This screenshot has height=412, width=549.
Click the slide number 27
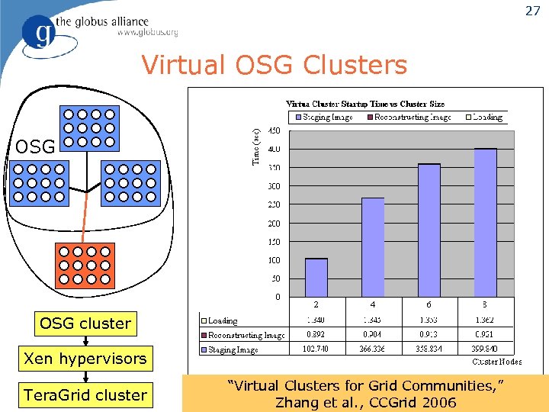pos(531,11)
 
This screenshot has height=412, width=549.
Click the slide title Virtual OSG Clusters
pos(274,66)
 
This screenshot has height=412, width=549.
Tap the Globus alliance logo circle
pos(39,34)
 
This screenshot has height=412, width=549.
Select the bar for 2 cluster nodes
pos(316,278)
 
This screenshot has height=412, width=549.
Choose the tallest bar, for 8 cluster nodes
pos(485,223)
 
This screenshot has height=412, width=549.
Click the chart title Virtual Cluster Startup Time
pos(365,104)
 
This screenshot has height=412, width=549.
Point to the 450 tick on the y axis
pos(273,130)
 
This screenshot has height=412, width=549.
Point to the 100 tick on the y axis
pos(273,260)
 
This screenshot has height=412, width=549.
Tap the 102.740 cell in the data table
pos(316,349)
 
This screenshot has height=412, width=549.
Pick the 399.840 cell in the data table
pos(485,349)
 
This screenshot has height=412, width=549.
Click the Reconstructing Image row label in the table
pos(242,335)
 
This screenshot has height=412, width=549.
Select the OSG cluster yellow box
pos(85,323)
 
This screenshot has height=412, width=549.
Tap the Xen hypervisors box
pos(85,359)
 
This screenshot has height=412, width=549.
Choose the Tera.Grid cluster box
pos(85,395)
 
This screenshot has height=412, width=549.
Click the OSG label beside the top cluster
pos(35,146)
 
